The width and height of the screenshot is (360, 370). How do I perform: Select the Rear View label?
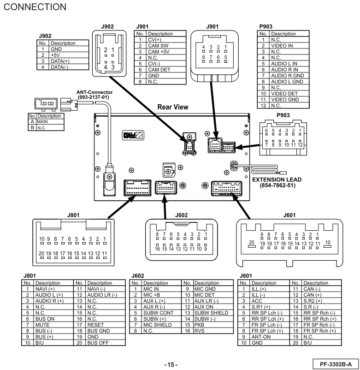[173, 107]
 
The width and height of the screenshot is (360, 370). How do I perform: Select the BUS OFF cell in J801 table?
[98, 343]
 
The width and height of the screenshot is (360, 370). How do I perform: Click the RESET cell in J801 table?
[95, 324]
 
